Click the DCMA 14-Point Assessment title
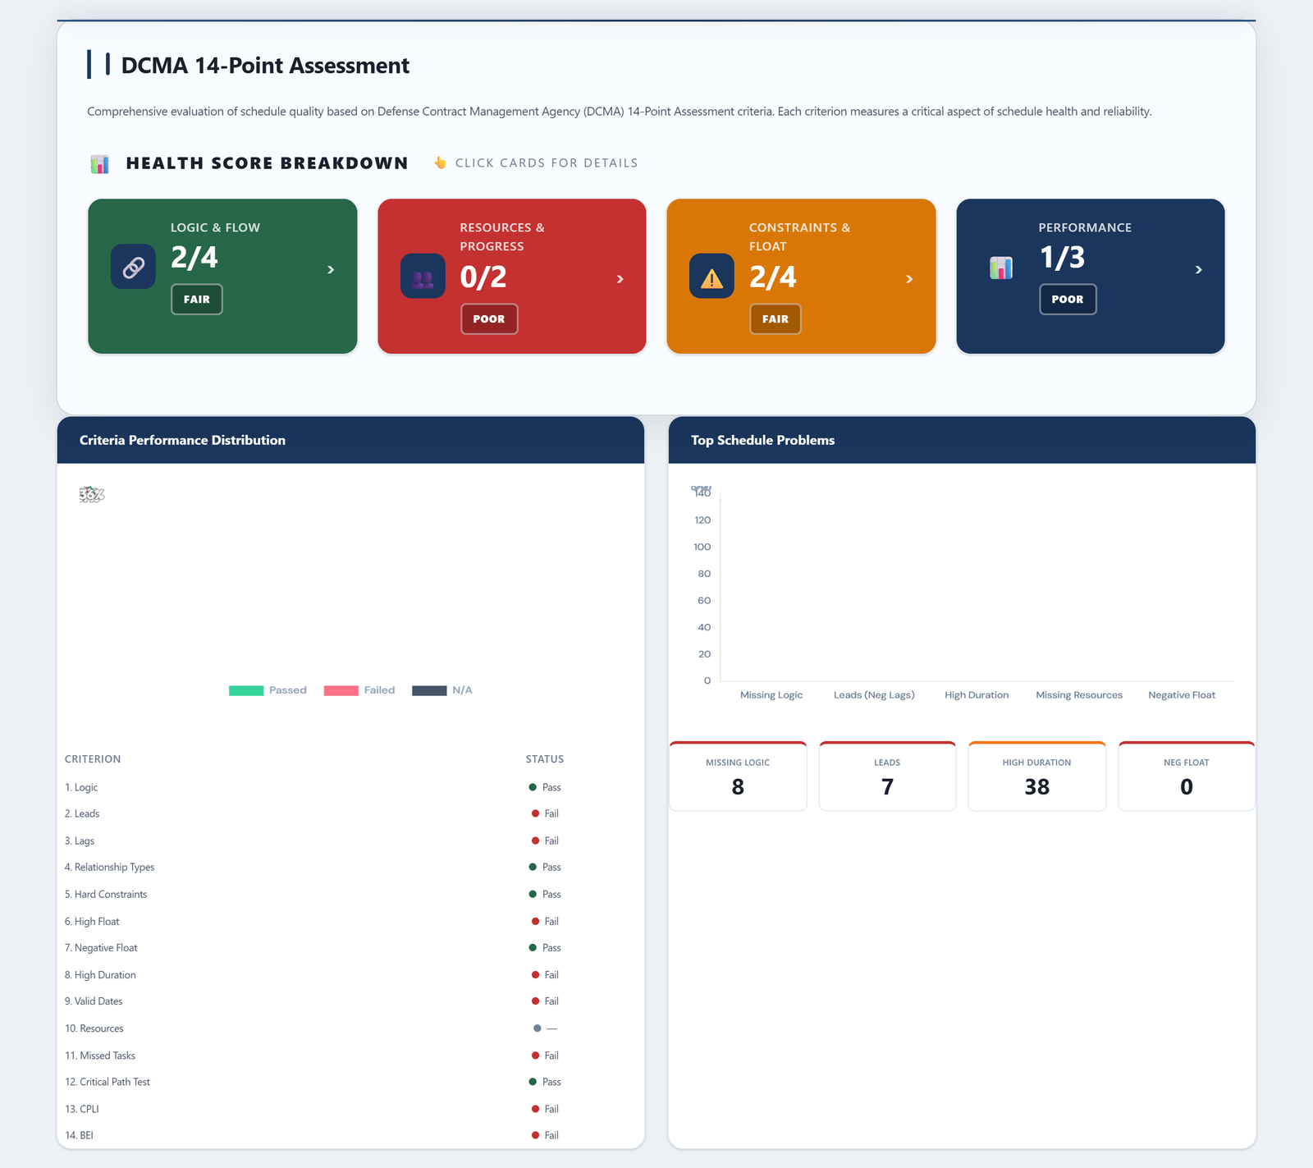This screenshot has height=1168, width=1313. [264, 66]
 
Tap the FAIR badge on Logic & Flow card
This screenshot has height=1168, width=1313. [197, 300]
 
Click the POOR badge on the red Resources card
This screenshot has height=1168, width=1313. [489, 319]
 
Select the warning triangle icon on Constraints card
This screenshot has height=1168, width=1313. [711, 277]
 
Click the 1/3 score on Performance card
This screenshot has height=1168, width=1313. [1062, 258]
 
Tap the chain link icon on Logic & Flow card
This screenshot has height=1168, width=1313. [133, 267]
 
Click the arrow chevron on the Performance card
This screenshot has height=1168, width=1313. [1198, 270]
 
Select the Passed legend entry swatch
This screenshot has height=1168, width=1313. [246, 690]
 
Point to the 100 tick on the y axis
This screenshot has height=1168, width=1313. [702, 547]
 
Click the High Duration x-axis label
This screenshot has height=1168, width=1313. [977, 695]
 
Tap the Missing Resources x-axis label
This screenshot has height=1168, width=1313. [1078, 695]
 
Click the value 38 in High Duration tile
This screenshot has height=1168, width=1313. [1036, 787]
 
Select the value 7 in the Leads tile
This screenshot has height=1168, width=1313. [887, 787]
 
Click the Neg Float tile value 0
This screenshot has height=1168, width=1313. [1186, 787]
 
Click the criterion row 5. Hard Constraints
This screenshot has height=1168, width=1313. [106, 895]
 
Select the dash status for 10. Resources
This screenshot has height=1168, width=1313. [551, 1028]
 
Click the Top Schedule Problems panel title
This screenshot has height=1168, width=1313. [762, 441]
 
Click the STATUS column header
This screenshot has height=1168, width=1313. [544, 759]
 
